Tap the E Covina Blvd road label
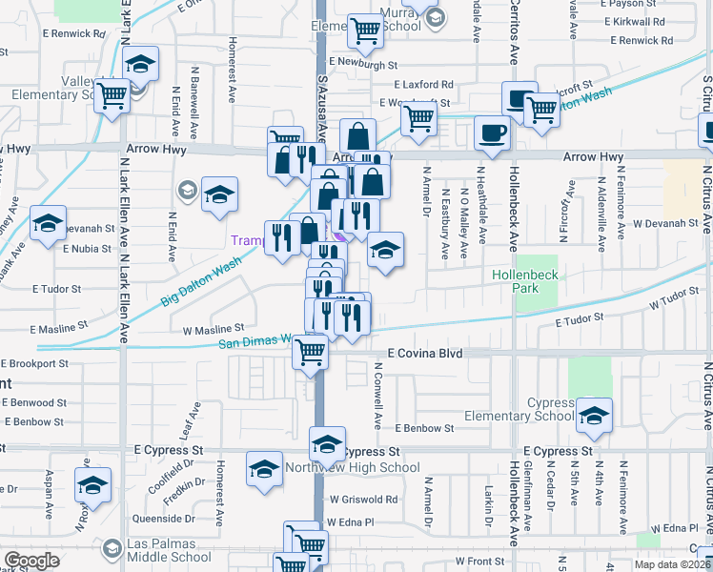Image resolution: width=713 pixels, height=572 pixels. (x=424, y=353)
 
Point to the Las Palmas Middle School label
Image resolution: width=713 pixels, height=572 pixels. (x=169, y=557)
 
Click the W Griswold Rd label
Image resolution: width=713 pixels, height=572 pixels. (x=363, y=499)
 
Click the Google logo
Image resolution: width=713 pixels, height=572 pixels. (x=31, y=561)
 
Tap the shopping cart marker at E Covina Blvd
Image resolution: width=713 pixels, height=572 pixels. (x=311, y=352)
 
